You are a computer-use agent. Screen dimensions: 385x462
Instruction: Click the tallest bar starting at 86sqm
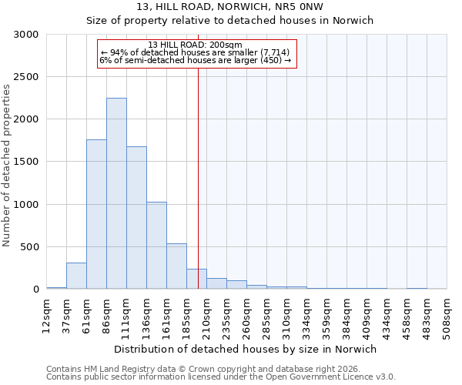pos(116,193)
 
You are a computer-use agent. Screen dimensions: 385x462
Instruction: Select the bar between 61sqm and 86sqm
pos(96,214)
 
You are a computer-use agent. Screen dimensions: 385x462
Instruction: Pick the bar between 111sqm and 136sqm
pos(136,217)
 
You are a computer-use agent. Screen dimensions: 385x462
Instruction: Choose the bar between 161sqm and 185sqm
pos(176,266)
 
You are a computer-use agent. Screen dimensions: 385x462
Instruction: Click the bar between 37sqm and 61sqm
pos(76,276)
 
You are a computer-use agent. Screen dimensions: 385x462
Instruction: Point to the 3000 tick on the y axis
pos(26,35)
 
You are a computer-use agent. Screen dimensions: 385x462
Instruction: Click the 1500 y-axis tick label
pos(26,162)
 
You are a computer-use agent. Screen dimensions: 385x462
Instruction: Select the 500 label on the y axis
pos(29,247)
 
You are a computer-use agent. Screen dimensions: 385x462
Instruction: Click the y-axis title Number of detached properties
pos(7,162)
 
